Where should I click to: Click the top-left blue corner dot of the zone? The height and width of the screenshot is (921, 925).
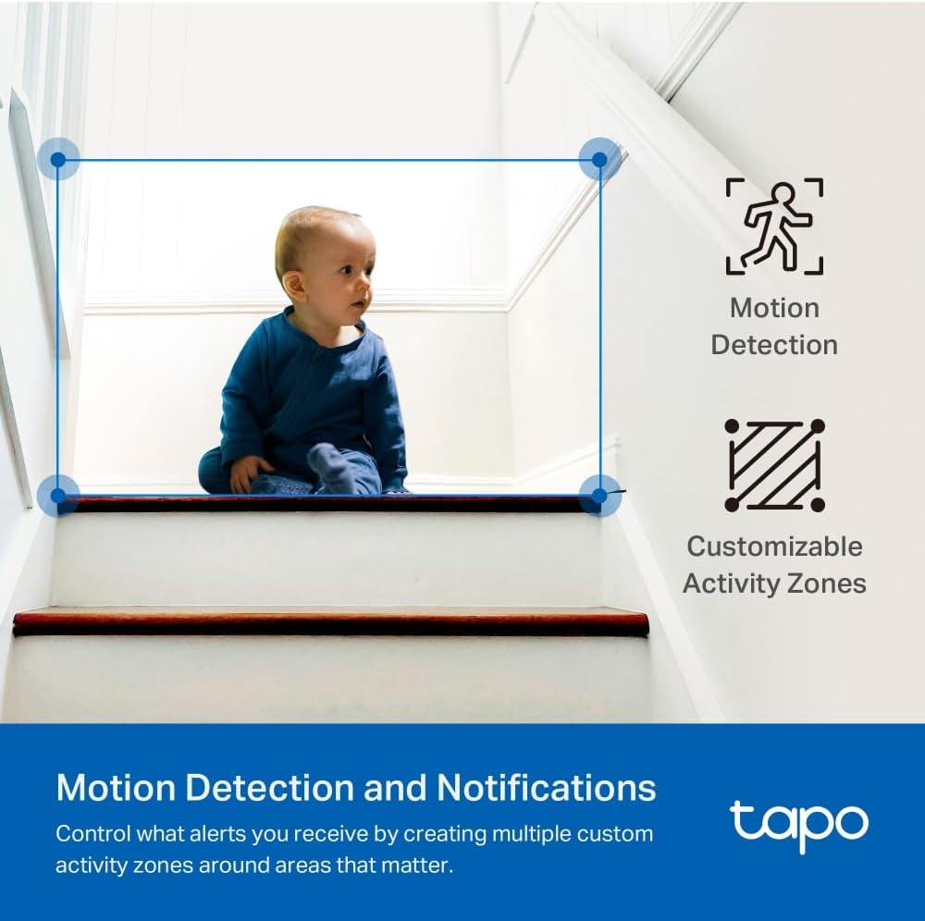click(58, 159)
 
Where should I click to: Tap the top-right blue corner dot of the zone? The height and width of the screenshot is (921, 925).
click(599, 159)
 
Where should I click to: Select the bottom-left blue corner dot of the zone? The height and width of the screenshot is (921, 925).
click(58, 495)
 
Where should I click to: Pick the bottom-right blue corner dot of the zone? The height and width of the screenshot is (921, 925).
click(599, 495)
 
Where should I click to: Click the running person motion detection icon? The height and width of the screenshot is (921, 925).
click(774, 227)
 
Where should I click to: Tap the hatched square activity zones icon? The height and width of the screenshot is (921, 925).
click(774, 465)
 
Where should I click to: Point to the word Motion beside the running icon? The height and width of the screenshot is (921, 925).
click(774, 308)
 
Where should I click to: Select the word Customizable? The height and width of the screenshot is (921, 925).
click(774, 546)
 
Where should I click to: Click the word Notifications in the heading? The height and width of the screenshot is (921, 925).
click(546, 788)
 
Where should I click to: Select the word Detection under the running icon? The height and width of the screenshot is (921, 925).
click(774, 345)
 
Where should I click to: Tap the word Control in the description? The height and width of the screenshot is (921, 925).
click(91, 833)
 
